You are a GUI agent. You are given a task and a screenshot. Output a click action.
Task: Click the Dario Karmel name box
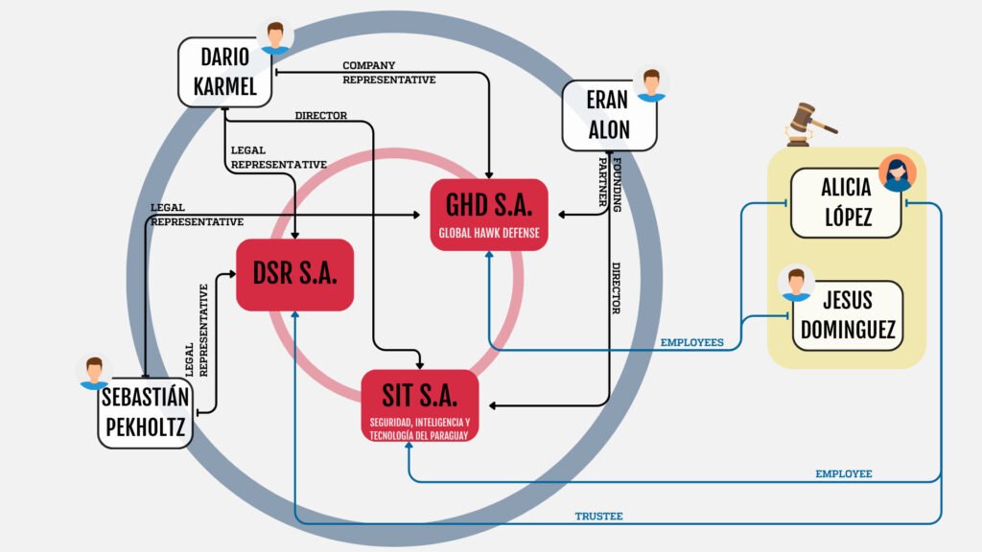[224, 72]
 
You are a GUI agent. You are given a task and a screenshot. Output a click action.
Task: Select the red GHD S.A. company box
[489, 215]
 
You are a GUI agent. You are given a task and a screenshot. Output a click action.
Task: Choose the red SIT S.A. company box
[420, 405]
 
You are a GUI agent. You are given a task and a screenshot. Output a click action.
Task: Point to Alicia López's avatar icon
[898, 173]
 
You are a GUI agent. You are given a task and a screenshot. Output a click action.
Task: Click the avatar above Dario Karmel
[276, 36]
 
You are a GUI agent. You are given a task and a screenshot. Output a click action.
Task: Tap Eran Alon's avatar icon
[652, 83]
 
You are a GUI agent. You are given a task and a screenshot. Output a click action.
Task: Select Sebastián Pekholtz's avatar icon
[93, 372]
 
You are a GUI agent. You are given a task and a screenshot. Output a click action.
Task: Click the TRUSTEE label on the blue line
[598, 517]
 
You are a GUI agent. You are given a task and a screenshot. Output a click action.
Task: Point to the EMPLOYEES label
[692, 342]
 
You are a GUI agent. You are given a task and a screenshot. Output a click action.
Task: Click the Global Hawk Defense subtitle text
[489, 233]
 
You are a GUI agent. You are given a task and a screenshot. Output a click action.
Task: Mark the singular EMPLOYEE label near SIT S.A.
[843, 473]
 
